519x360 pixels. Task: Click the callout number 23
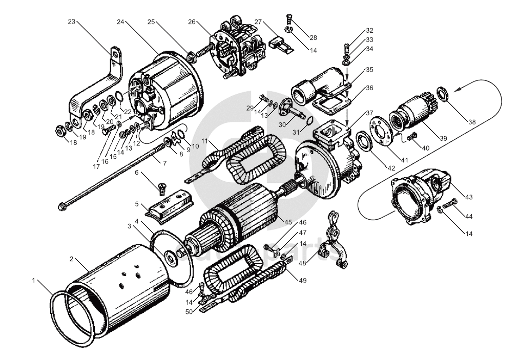72,22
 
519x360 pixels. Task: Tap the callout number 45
288,222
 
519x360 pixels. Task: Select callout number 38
472,122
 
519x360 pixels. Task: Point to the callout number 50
189,312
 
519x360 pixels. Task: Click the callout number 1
33,281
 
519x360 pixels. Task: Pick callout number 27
258,22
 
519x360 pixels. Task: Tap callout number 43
469,197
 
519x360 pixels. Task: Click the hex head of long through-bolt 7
61,207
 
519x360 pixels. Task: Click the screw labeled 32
345,49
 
